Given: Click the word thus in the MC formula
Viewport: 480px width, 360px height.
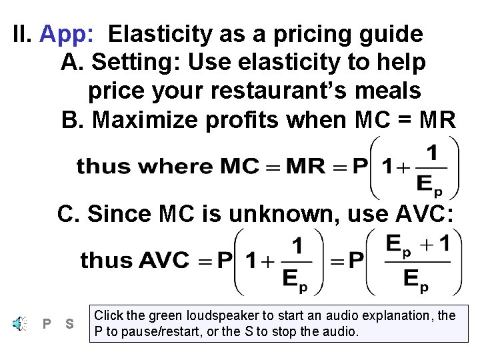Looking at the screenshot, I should [x=99, y=166].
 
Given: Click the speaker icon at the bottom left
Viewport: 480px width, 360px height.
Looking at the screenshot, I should [x=18, y=324].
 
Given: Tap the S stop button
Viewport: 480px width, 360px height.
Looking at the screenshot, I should [x=69, y=325].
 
